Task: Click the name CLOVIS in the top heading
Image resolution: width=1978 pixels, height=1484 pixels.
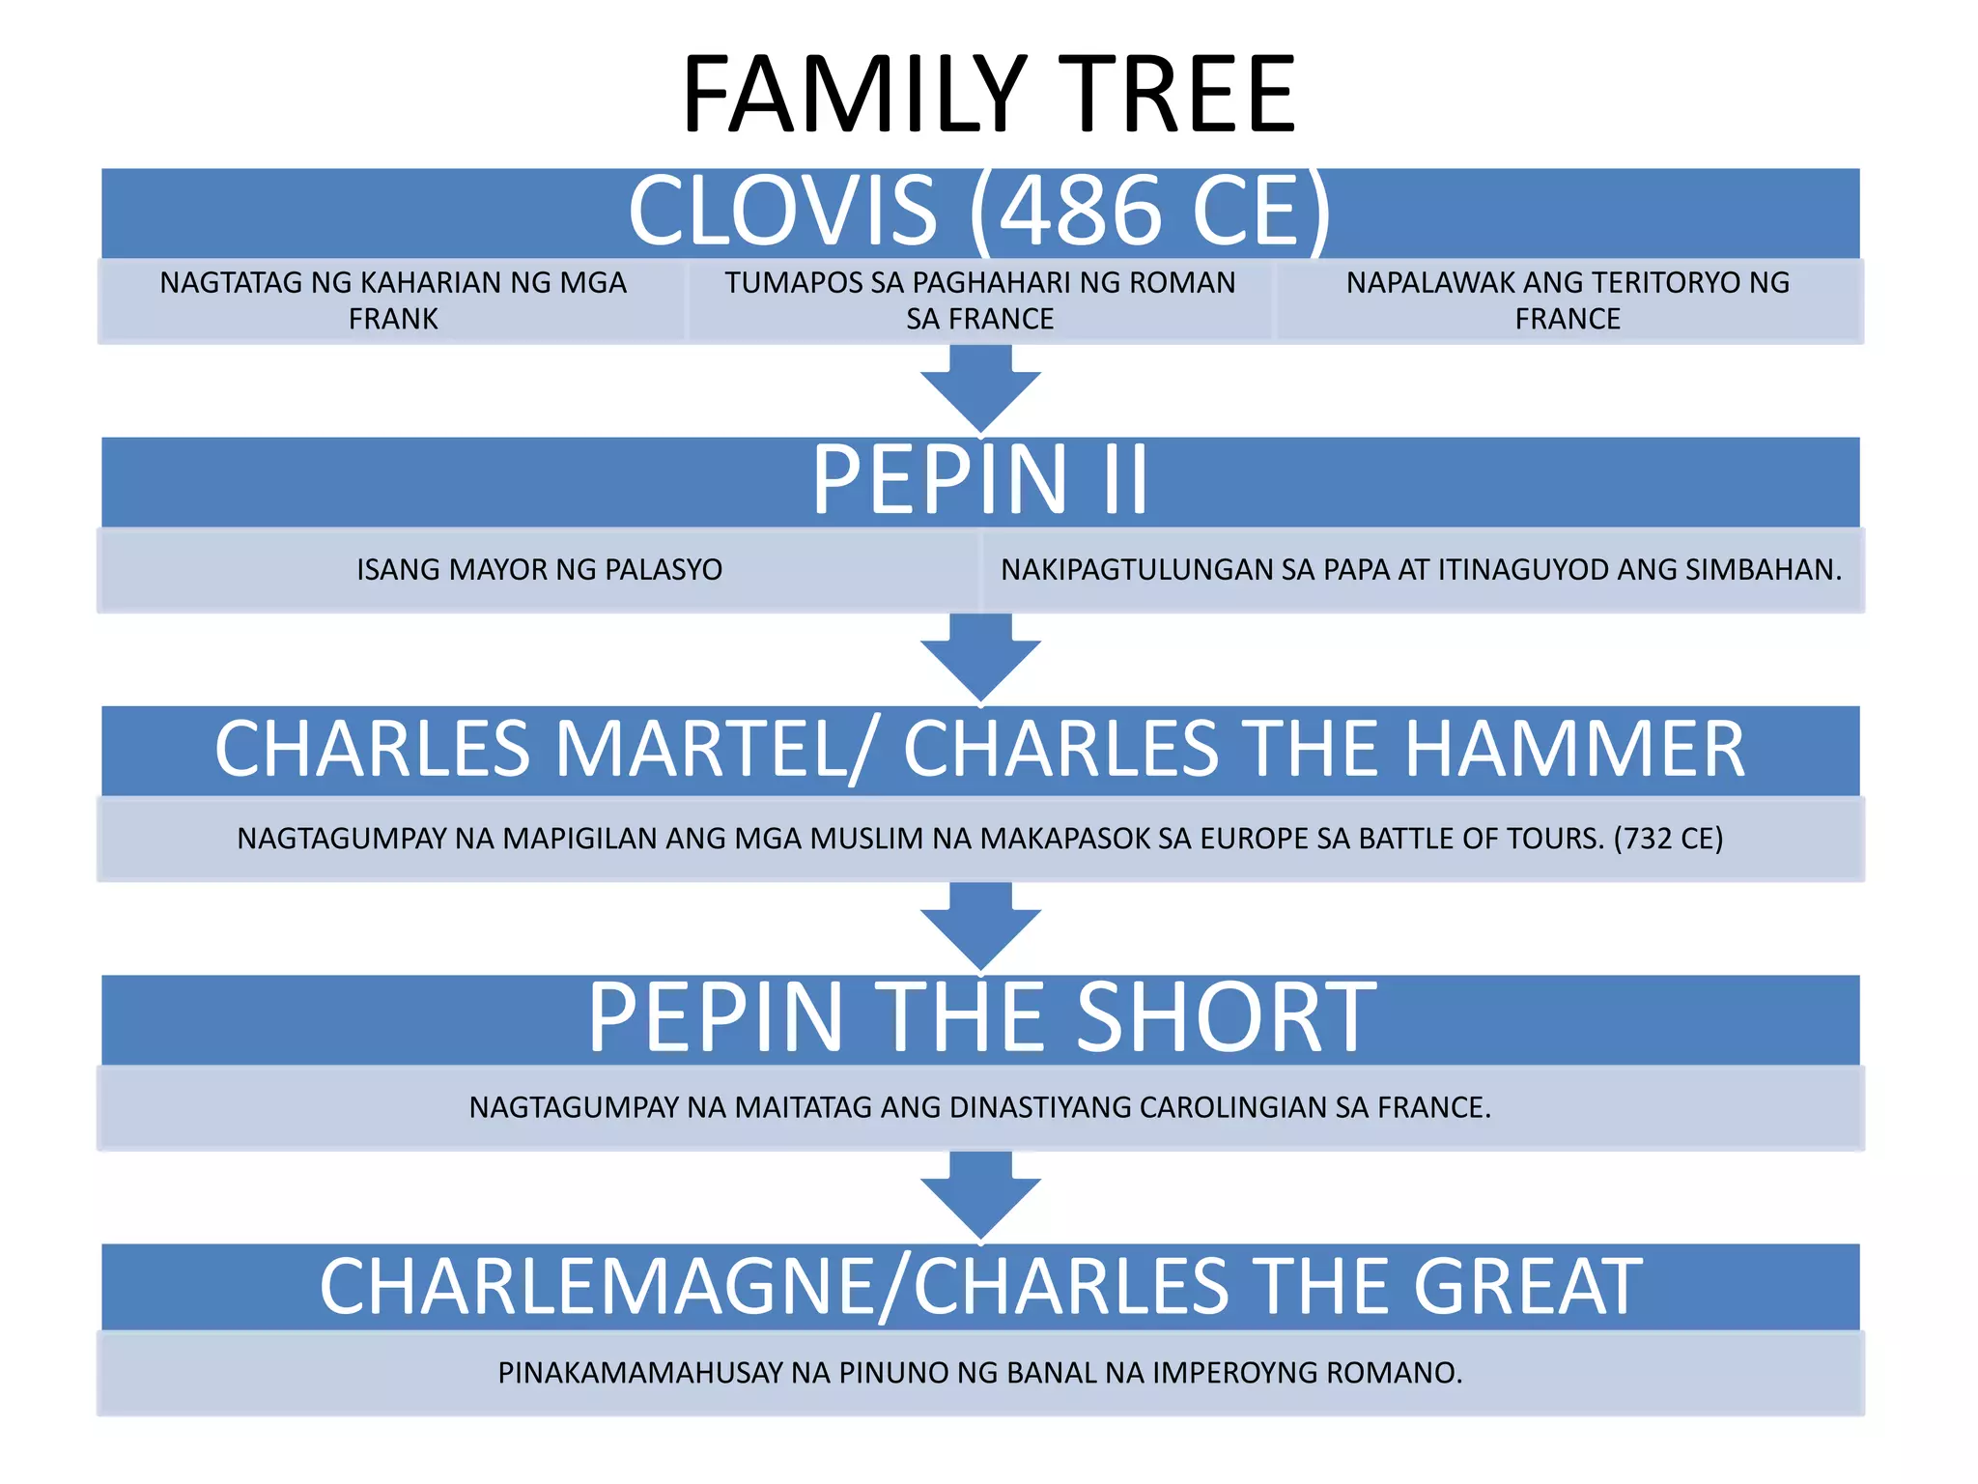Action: (x=782, y=211)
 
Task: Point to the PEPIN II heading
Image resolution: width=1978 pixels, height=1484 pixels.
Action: (x=980, y=479)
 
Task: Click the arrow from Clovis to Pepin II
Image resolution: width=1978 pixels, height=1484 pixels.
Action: (x=980, y=387)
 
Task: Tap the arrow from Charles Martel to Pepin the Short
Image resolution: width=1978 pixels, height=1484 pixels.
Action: (x=980, y=926)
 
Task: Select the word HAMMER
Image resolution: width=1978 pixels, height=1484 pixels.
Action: (x=1574, y=749)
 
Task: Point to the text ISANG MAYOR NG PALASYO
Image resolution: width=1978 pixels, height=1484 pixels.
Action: (x=539, y=570)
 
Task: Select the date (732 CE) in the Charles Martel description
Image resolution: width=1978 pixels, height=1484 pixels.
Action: (x=1668, y=839)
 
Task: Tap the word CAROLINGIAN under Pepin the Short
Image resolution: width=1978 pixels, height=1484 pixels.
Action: (x=1233, y=1107)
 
